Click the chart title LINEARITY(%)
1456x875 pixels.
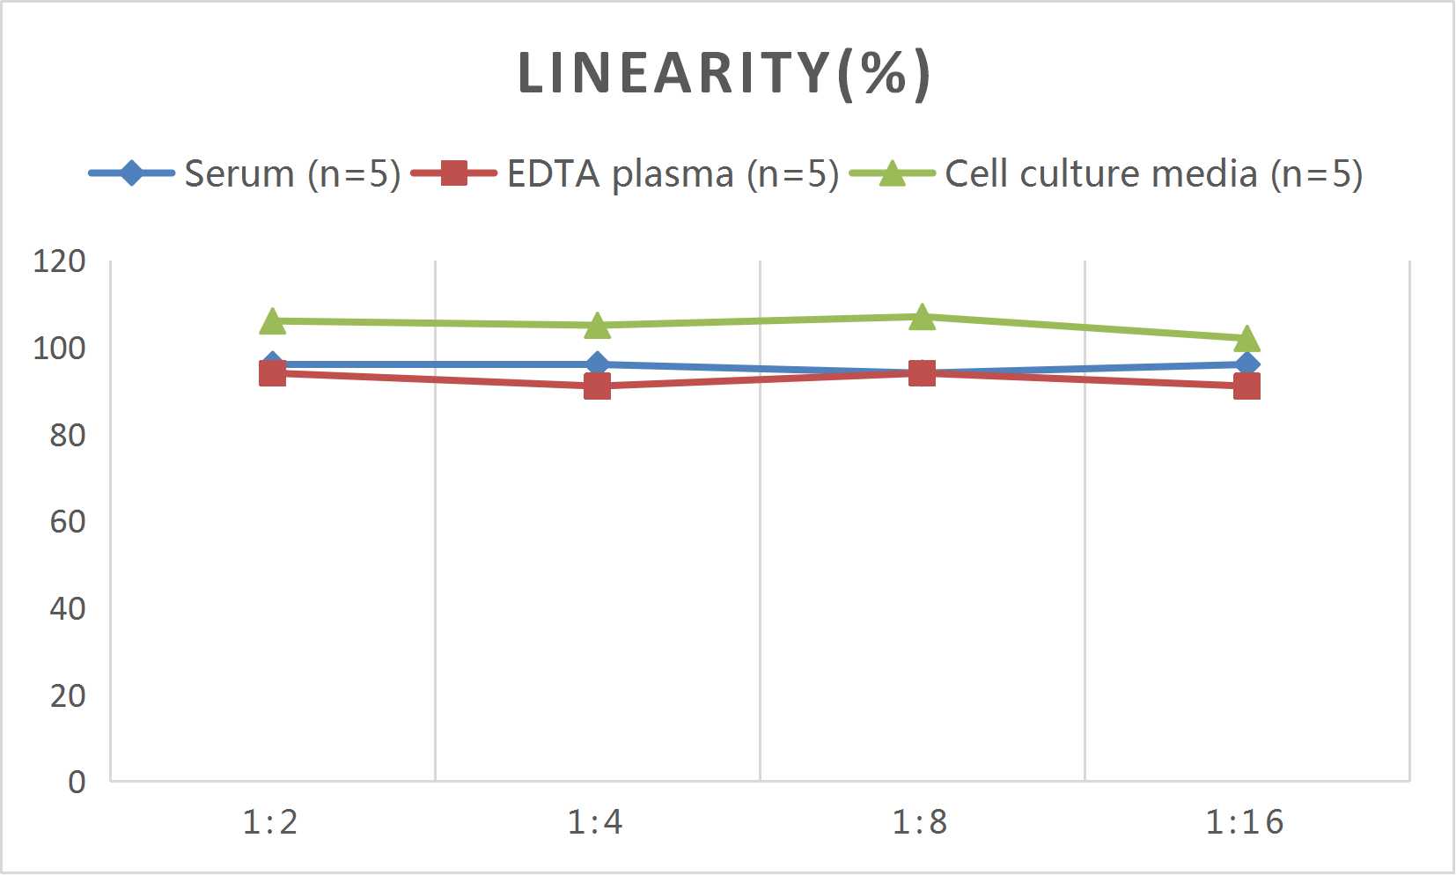coord(724,73)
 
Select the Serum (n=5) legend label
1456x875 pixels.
coord(292,174)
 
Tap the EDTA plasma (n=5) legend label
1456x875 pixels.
coord(673,174)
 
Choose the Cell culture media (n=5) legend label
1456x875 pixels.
coord(1153,174)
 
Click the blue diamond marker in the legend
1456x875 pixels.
coord(131,173)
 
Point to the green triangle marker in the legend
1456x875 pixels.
coord(892,173)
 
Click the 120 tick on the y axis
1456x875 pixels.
coord(59,261)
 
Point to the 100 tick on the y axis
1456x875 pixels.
coord(59,349)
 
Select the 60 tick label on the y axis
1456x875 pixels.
coord(67,522)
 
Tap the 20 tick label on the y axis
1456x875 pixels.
coord(67,696)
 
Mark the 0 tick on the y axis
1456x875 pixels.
coord(77,782)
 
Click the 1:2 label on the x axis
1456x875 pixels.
coord(270,822)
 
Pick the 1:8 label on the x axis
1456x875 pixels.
coord(920,822)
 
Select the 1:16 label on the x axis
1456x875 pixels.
coord(1244,822)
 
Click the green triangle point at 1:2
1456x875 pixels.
coord(273,322)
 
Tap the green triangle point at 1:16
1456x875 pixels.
coord(1246,340)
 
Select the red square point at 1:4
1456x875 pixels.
coord(597,386)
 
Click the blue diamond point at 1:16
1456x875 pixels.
coord(1246,364)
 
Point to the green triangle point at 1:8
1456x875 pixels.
coord(922,318)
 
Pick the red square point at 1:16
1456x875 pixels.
coord(1246,386)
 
